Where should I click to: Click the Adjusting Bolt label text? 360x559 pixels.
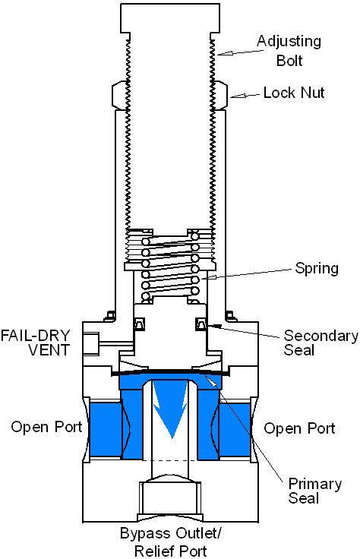[289, 49]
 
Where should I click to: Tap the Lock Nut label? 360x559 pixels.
[294, 93]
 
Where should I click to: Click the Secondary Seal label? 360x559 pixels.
[321, 343]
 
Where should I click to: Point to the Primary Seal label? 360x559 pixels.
[314, 491]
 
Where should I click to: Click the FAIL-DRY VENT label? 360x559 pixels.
[36, 342]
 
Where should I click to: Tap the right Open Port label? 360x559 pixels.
[299, 428]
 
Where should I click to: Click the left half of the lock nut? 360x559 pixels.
[120, 95]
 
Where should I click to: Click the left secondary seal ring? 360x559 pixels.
[139, 325]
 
